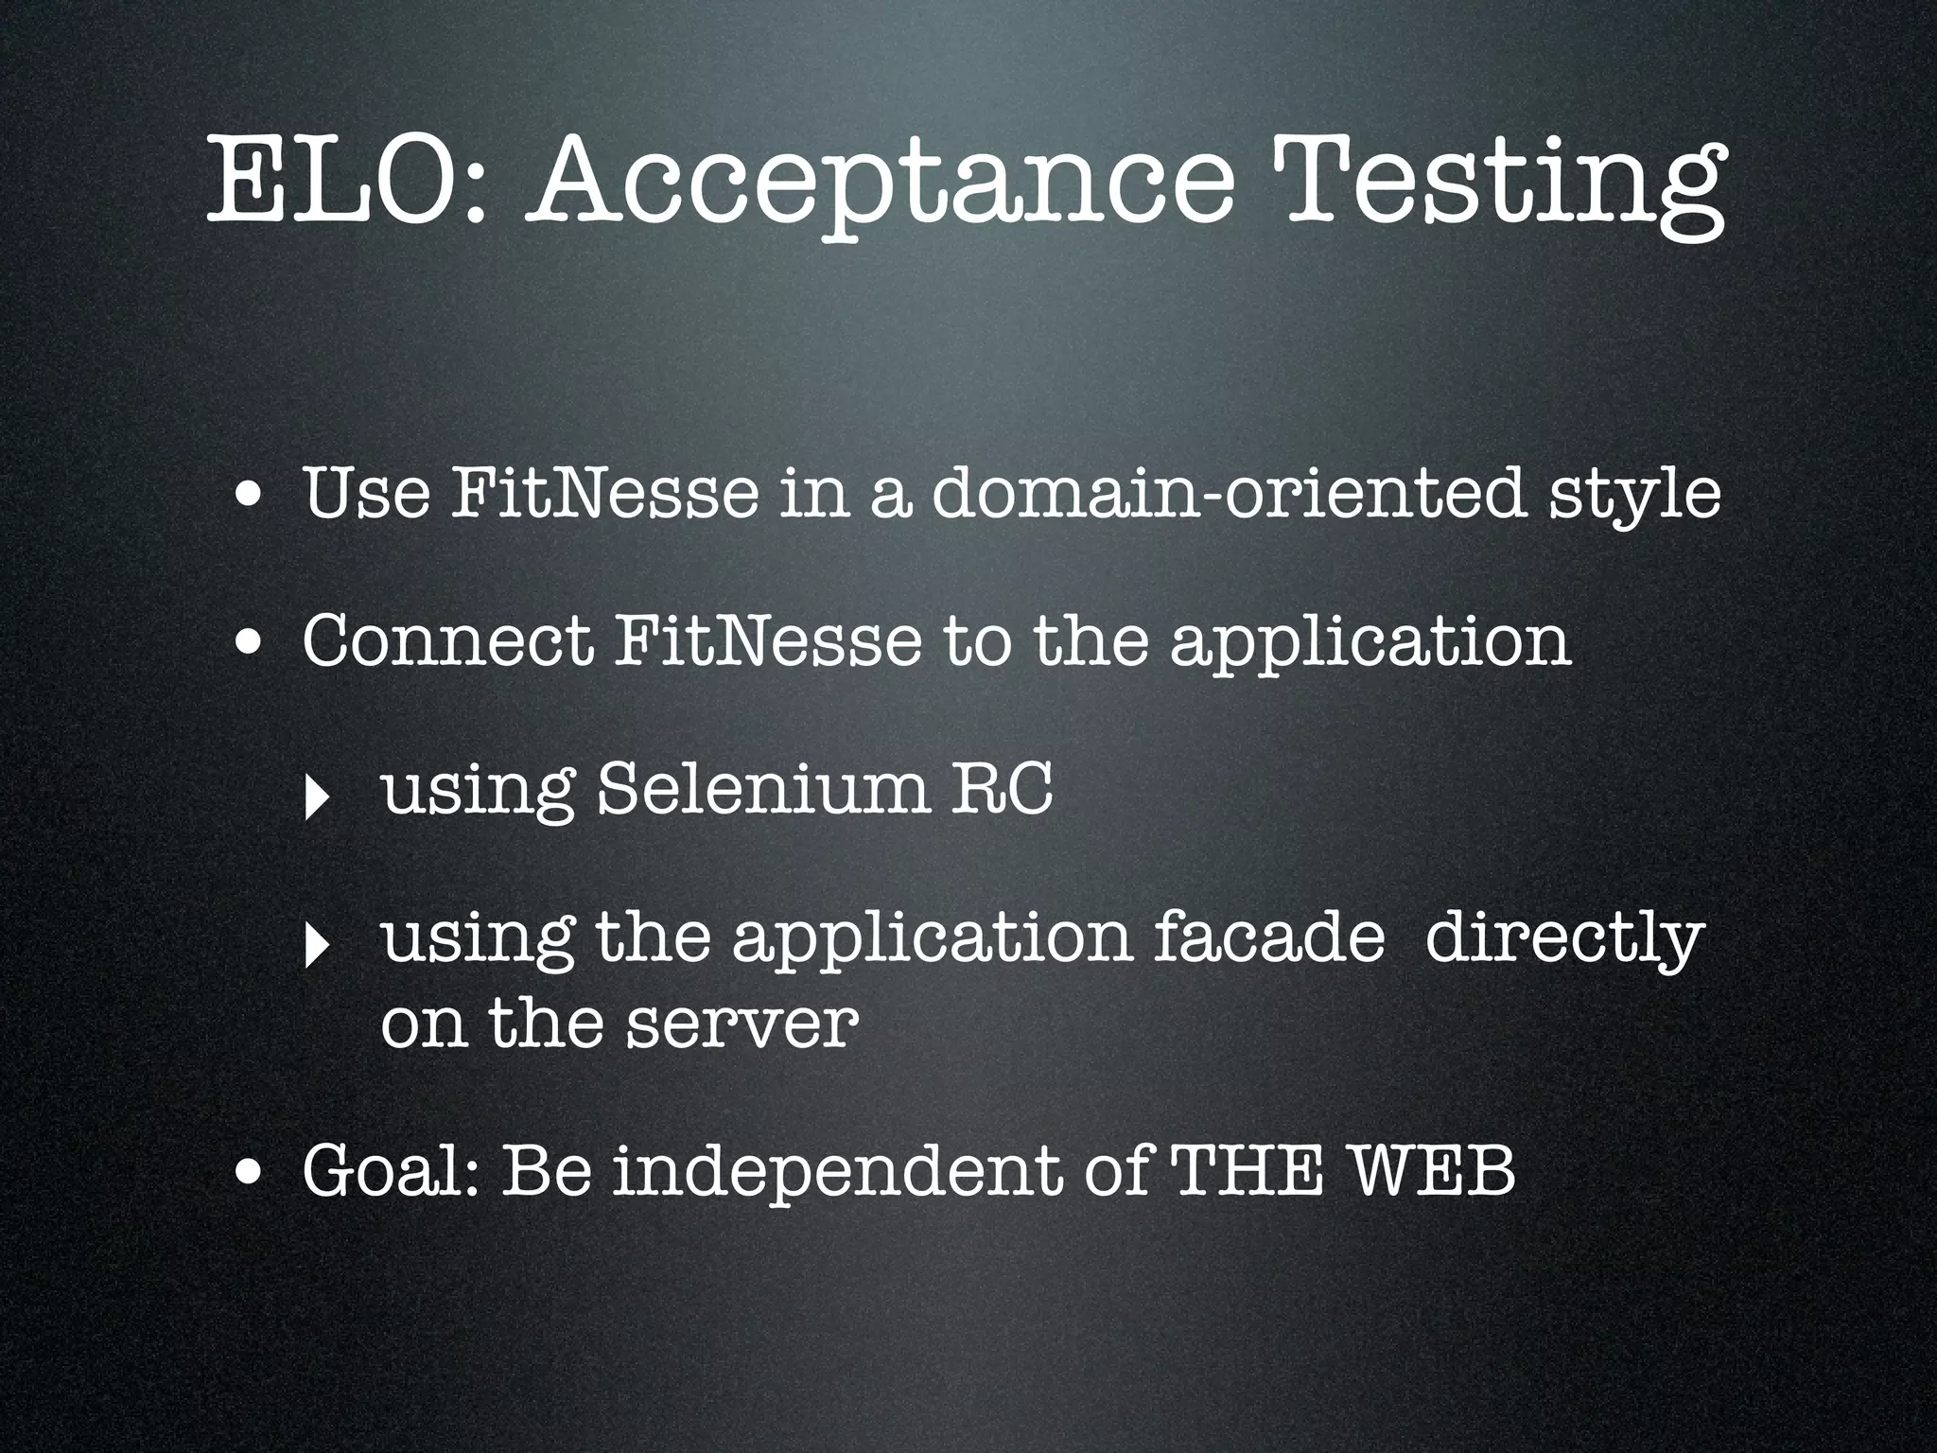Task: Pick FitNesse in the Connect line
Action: click(x=766, y=640)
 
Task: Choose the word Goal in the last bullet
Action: click(x=392, y=1171)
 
